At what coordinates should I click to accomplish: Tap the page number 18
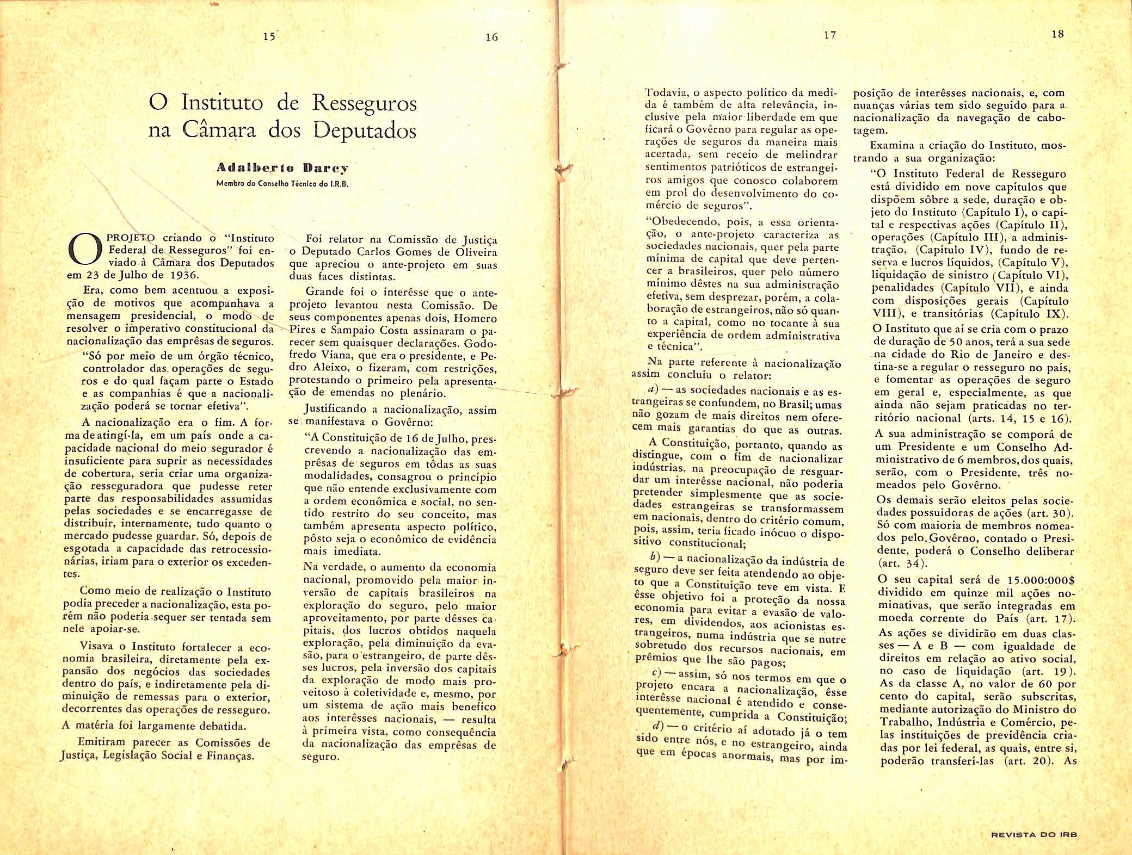1057,34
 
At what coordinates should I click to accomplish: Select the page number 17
829,35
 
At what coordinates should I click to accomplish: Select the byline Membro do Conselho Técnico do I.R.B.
282,183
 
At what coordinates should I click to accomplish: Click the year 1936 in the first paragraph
183,275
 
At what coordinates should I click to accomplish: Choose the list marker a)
650,391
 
